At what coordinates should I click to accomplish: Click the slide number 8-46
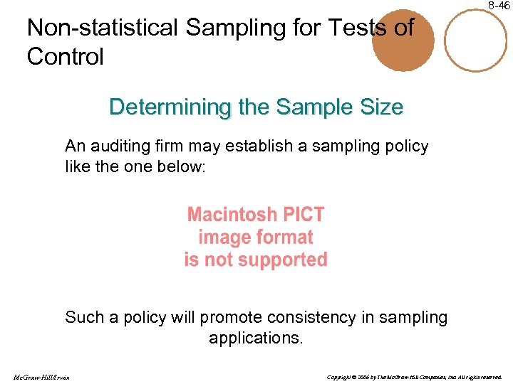point(498,5)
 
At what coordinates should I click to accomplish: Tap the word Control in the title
point(65,57)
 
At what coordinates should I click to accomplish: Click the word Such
point(84,317)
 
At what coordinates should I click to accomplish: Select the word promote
point(230,317)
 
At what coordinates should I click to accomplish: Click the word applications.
point(256,338)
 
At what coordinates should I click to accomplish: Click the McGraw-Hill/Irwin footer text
point(40,376)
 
